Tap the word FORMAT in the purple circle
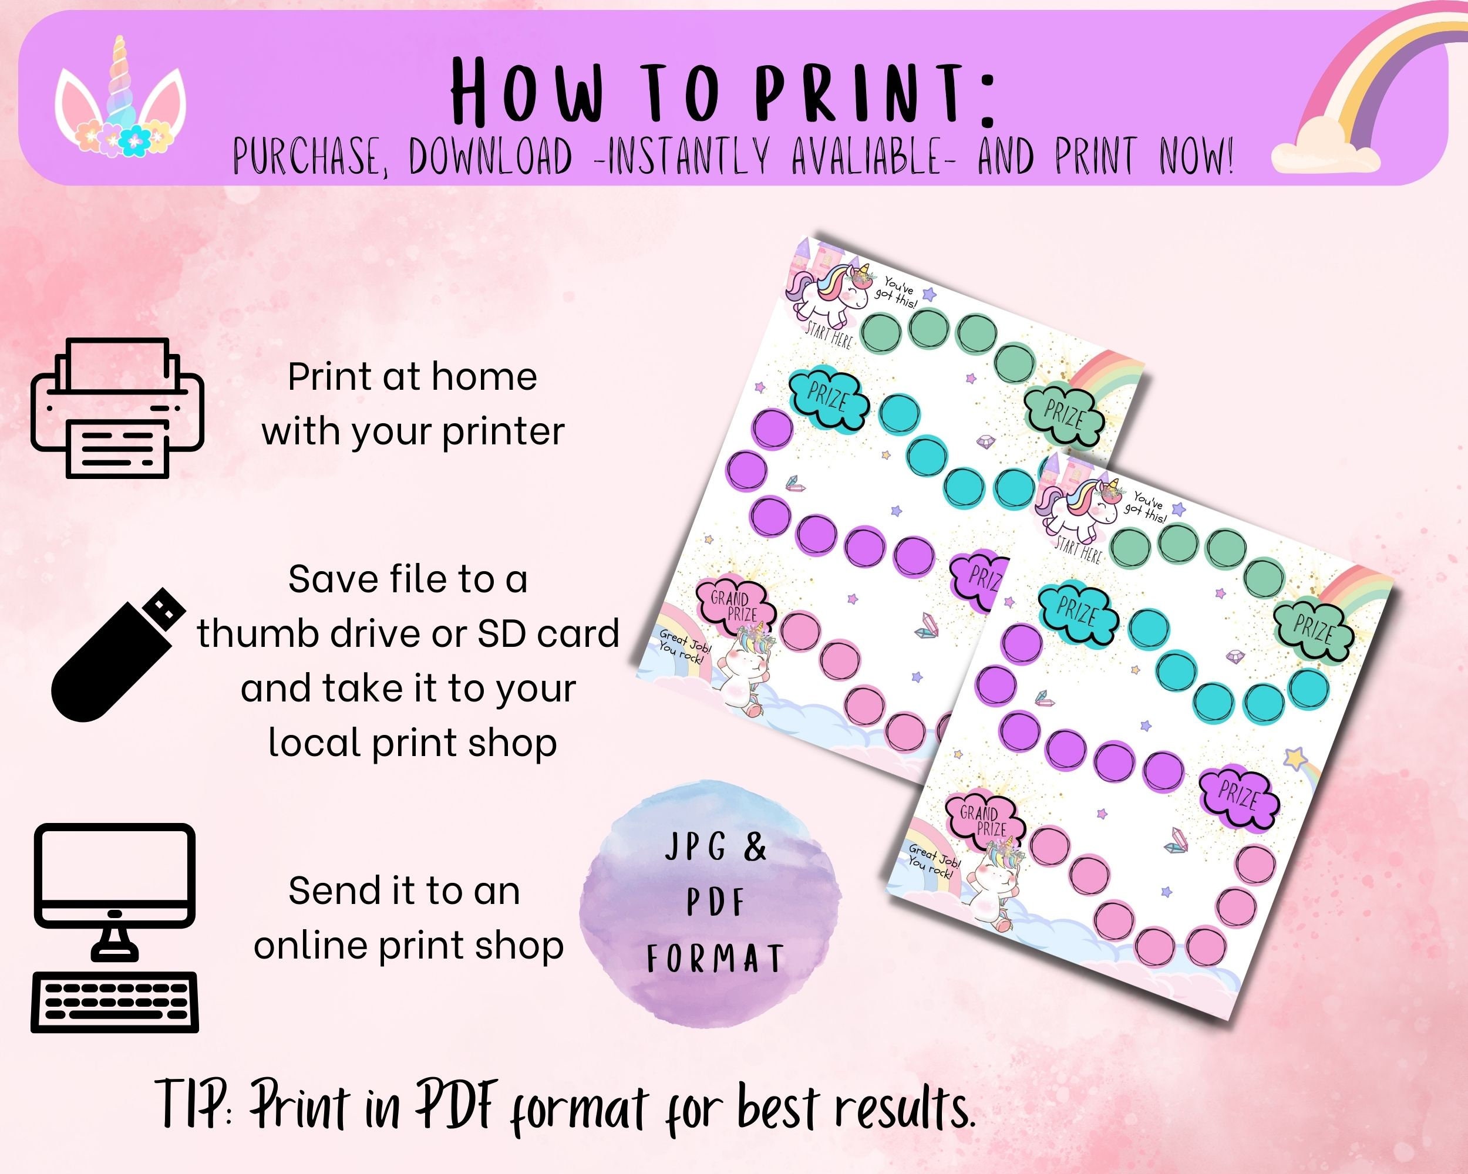[x=715, y=959]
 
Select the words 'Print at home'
[x=413, y=377]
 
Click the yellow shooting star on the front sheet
[x=1296, y=757]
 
